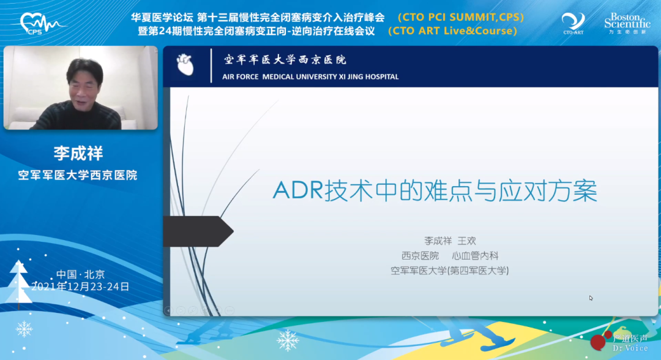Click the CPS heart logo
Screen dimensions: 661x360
point(42,24)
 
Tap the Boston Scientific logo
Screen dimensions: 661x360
point(627,23)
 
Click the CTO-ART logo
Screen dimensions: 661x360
point(573,24)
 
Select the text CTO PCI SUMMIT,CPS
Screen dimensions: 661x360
point(461,17)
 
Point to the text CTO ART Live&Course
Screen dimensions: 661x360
point(453,31)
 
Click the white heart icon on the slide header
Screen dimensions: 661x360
point(185,64)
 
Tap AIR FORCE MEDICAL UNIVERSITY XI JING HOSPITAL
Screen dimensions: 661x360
point(310,77)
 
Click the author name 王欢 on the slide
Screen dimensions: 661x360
point(466,241)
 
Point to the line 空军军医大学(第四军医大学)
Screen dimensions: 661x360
point(449,271)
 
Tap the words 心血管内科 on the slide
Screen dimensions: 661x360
point(475,256)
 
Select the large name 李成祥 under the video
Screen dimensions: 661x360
point(78,153)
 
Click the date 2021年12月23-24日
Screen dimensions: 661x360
point(81,287)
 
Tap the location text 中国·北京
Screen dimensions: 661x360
point(81,274)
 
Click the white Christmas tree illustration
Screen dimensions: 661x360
point(18,282)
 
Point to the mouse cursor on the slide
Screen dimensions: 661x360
point(591,298)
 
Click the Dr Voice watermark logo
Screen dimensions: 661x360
point(619,342)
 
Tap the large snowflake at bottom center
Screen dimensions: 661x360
point(288,340)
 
